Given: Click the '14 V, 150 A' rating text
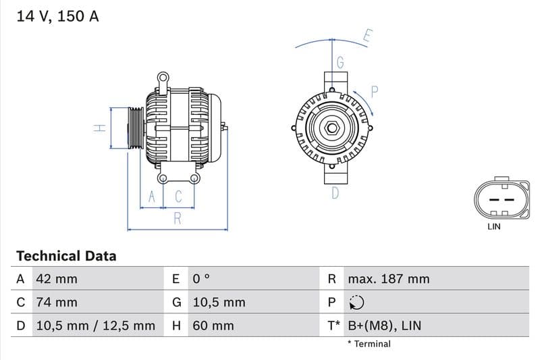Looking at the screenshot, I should coord(57,16).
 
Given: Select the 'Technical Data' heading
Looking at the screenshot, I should coord(66,256).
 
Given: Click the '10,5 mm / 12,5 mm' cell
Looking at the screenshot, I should coord(94,326).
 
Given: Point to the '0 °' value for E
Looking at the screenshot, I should coord(201,279).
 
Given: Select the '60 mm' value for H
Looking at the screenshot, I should coord(213,326).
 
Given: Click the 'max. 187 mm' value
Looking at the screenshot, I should coord(388,279).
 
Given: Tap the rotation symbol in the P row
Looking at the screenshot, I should coord(356,303).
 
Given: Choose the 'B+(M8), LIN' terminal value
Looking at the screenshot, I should coord(384,326).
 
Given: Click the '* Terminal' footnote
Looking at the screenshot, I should coord(369,344).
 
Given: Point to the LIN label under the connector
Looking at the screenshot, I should coord(494,227).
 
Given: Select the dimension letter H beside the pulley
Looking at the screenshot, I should coord(99,127).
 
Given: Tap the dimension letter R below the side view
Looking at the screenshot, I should coord(178,217).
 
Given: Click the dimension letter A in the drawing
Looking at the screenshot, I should coord(152,197).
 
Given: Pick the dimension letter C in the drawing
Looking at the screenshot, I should coord(178,197).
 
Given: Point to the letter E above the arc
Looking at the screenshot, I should coord(367,36).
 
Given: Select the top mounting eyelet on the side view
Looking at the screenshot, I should coord(162,78).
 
